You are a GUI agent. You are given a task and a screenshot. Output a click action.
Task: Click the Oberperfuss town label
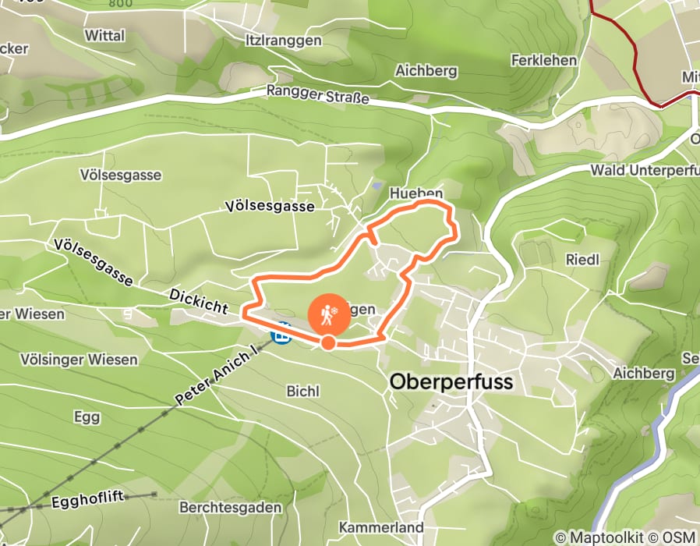pyautogui.click(x=451, y=382)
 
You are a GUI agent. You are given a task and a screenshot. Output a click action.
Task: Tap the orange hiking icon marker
pyautogui.click(x=328, y=314)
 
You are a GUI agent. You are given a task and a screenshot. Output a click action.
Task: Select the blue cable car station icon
pyautogui.click(x=281, y=333)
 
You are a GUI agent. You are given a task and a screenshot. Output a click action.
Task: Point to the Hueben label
pyautogui.click(x=419, y=193)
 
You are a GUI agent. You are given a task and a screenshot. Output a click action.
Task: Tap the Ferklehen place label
pyautogui.click(x=544, y=60)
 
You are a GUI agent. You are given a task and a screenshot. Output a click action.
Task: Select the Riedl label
pyautogui.click(x=582, y=260)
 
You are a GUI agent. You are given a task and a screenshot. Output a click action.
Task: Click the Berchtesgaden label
pyautogui.click(x=230, y=507)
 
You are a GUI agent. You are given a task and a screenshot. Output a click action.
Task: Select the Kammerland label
pyautogui.click(x=381, y=528)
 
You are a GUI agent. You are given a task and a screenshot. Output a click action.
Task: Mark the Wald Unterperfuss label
pyautogui.click(x=644, y=169)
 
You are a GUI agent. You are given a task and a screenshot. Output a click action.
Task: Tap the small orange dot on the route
pyautogui.click(x=328, y=342)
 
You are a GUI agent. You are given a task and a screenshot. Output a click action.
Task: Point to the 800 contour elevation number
pyautogui.click(x=120, y=3)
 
